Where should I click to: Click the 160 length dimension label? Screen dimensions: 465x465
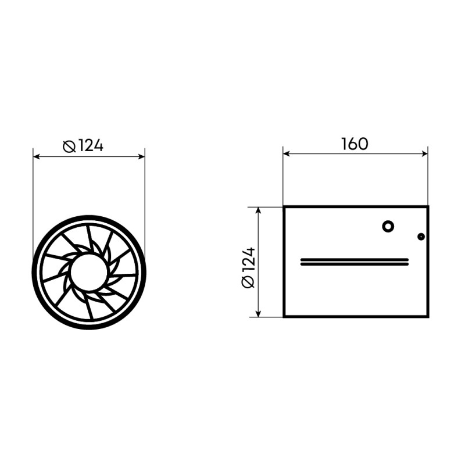coord(355,144)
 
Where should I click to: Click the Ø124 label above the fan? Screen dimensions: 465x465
coord(83,146)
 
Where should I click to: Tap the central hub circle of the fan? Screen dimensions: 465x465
coord(89,272)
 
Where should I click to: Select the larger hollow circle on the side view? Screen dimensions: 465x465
coord(388,227)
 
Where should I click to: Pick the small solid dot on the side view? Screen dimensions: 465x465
coord(421,237)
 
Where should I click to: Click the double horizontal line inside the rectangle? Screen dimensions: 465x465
coord(355,262)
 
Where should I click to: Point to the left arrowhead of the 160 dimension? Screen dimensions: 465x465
coord(286,153)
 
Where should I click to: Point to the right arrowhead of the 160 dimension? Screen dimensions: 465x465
coord(424,153)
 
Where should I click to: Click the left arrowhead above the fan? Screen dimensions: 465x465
coord(37,156)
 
